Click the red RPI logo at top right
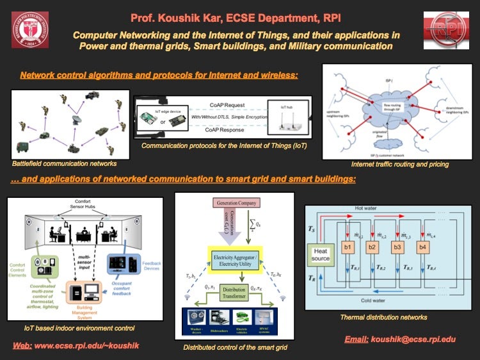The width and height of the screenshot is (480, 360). pyautogui.click(x=444, y=29)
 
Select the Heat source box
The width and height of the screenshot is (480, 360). pyautogui.click(x=321, y=255)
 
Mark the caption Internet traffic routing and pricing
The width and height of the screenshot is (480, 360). pyautogui.click(x=400, y=165)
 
